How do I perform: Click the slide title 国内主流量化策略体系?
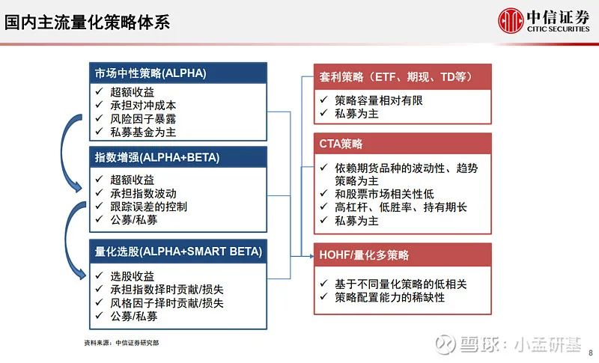click(87, 22)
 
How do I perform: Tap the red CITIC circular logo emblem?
click(511, 21)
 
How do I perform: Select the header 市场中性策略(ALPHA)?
click(150, 73)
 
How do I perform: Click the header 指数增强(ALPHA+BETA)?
click(157, 157)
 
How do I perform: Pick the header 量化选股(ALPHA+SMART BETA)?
click(178, 251)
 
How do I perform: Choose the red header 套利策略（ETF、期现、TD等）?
click(396, 77)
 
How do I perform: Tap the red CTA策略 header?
click(341, 144)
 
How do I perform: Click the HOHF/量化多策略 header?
click(364, 255)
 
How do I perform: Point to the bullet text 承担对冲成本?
click(143, 106)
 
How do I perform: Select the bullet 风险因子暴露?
click(143, 119)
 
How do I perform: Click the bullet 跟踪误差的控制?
click(148, 207)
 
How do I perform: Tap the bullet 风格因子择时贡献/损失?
click(167, 303)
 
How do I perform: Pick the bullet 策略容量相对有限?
click(379, 100)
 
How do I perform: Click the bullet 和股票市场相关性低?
click(384, 194)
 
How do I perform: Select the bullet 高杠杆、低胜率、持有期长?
click(401, 207)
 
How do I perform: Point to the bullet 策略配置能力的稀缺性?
click(389, 297)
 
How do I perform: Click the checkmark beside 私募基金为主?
click(100, 131)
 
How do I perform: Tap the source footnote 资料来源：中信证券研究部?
click(121, 343)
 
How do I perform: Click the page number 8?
click(591, 353)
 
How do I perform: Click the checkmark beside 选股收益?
click(100, 275)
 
